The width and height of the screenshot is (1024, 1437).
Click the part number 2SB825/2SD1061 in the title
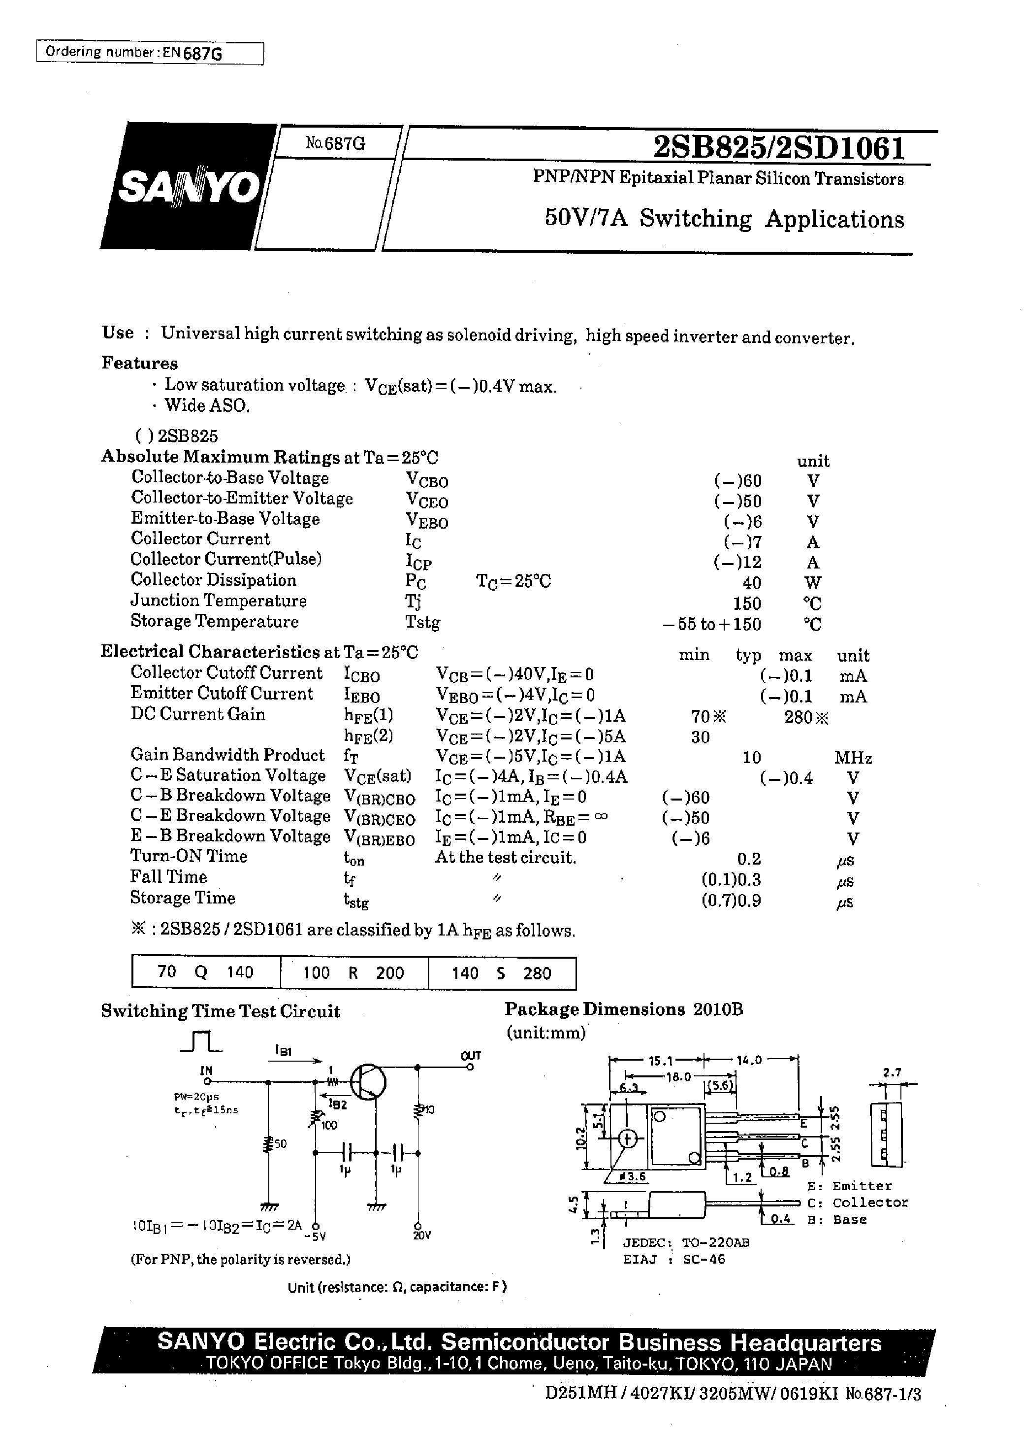point(779,149)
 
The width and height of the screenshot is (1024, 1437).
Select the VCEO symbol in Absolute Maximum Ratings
point(426,501)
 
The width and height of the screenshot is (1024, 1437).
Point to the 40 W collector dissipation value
point(752,582)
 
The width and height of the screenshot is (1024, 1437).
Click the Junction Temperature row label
point(218,601)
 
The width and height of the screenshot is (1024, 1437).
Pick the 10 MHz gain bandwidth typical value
point(752,757)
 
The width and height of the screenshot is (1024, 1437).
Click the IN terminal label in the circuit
point(206,1070)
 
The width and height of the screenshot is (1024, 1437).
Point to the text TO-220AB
point(716,1242)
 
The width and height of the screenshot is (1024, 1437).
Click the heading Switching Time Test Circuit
point(220,1011)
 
